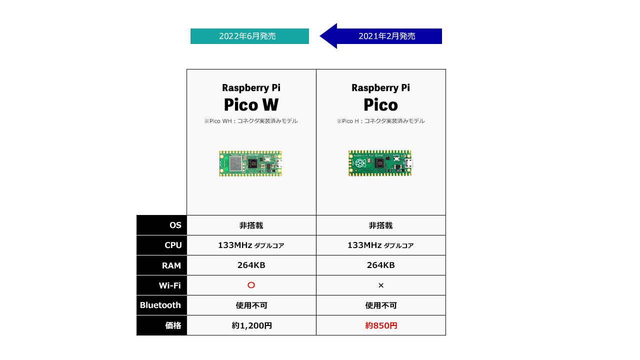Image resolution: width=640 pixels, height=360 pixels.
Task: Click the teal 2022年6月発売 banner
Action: tap(249, 36)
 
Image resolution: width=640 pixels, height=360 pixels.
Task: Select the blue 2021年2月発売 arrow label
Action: tap(386, 36)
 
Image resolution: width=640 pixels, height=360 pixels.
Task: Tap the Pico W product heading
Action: tap(251, 104)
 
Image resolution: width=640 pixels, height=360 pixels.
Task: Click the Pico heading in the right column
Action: tap(380, 104)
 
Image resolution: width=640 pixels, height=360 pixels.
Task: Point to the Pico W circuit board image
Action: tap(250, 163)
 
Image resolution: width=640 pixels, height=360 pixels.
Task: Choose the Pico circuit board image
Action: tap(380, 163)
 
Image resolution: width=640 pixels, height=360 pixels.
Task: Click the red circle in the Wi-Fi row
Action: tap(251, 285)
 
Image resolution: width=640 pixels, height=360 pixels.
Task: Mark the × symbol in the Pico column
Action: tap(380, 285)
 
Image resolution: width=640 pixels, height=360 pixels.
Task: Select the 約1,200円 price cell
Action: tap(251, 325)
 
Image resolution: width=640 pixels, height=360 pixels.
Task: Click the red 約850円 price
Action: tap(381, 325)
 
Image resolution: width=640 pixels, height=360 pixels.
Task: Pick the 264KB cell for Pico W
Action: tap(251, 265)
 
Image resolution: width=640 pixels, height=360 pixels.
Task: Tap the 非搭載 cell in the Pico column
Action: tap(380, 225)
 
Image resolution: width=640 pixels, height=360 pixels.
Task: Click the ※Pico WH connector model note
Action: tap(251, 121)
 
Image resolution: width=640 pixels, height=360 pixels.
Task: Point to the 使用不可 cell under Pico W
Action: tap(251, 305)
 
